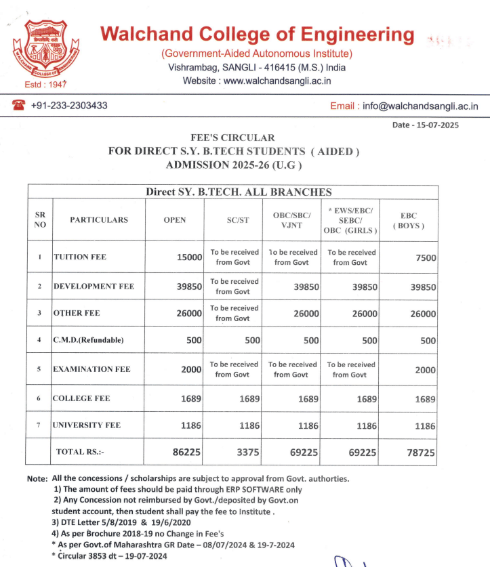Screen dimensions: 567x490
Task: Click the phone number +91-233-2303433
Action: [68, 106]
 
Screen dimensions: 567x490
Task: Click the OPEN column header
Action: [174, 220]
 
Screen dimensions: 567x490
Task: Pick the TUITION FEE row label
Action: [79, 257]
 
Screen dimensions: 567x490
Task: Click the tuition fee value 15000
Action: [190, 257]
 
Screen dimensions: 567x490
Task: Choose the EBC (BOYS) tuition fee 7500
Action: [424, 257]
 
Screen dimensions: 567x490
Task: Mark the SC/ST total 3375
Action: [246, 451]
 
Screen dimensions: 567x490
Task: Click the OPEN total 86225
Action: [188, 451]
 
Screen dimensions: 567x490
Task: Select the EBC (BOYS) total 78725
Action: [420, 451]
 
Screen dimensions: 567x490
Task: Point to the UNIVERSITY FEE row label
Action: [87, 425]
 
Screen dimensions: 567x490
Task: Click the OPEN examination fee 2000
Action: [191, 369]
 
